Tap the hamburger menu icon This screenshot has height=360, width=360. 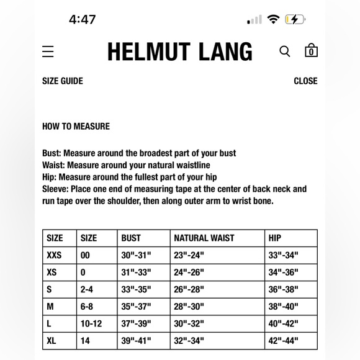pyautogui.click(x=48, y=52)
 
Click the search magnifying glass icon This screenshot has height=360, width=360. pyautogui.click(x=285, y=52)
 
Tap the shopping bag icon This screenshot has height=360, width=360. pyautogui.click(x=311, y=51)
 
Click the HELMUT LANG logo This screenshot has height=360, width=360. pyautogui.click(x=180, y=52)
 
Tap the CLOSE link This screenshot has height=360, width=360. pyautogui.click(x=305, y=81)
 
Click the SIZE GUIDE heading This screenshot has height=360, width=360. pyautogui.click(x=63, y=81)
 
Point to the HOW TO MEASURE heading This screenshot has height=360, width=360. pyautogui.click(x=76, y=126)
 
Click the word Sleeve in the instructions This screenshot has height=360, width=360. pyautogui.click(x=55, y=189)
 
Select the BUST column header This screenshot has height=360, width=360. pyautogui.click(x=131, y=238)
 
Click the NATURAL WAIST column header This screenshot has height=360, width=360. pyautogui.click(x=204, y=238)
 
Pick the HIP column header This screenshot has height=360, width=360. pyautogui.click(x=275, y=238)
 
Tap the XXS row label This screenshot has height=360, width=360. pyautogui.click(x=54, y=255)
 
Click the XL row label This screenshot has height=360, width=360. pyautogui.click(x=52, y=341)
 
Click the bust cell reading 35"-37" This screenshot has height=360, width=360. pyautogui.click(x=137, y=307)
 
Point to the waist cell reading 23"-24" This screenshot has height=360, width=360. pyautogui.click(x=189, y=255)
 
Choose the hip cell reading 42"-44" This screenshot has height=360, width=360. pyautogui.click(x=284, y=341)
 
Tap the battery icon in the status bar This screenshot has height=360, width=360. pyautogui.click(x=295, y=19)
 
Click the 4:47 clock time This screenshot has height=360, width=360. pyautogui.click(x=83, y=19)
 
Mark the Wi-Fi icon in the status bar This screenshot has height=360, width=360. pyautogui.click(x=273, y=19)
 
